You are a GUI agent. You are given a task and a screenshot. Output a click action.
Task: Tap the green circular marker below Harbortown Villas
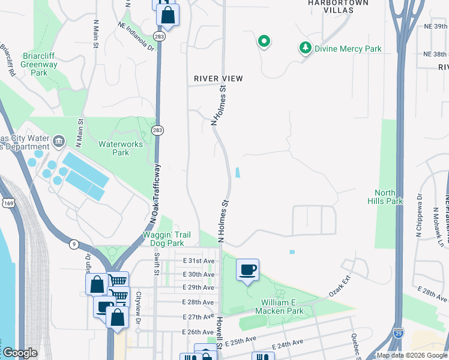[x=264, y=41]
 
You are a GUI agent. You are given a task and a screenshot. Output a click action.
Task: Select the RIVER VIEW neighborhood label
[x=218, y=79]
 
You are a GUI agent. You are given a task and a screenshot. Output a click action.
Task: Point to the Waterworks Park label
[x=113, y=148]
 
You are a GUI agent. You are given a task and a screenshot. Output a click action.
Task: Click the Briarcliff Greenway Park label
[x=39, y=64]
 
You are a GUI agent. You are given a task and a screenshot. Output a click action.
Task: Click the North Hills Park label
[x=385, y=197]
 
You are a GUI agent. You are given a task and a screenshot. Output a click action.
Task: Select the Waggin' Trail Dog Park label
[x=171, y=239]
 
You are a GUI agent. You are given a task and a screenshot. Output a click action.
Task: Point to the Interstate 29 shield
[x=398, y=331]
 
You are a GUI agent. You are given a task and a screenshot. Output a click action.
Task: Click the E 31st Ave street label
[x=199, y=261]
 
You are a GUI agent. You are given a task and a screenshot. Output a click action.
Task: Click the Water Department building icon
[x=59, y=142]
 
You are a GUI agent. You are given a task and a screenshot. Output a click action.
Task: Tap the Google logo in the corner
[x=20, y=353]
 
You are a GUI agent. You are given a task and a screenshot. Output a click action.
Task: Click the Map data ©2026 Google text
[x=412, y=355]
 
